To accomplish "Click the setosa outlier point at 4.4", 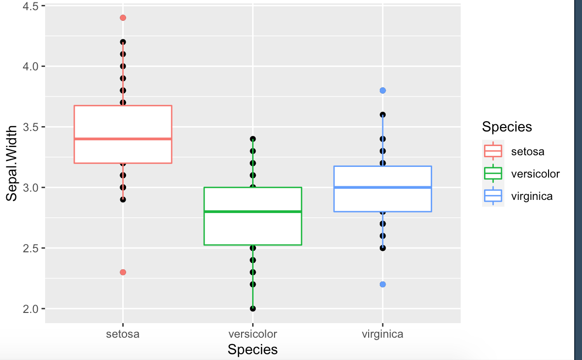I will (x=123, y=18).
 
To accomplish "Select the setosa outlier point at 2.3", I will (x=123, y=272).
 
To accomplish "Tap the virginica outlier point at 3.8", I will (x=383, y=90).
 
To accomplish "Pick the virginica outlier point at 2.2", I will (x=383, y=284).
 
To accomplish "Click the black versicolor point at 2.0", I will (x=253, y=309).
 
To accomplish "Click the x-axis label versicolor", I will (x=253, y=334).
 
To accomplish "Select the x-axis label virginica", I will (x=383, y=334).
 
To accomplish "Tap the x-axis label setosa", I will (x=123, y=334).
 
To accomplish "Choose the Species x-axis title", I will (x=253, y=349).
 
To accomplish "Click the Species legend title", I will (x=507, y=127).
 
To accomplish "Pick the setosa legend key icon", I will (x=493, y=151).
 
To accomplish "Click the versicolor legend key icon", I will (x=493, y=174).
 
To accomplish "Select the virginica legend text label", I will (x=532, y=196).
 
